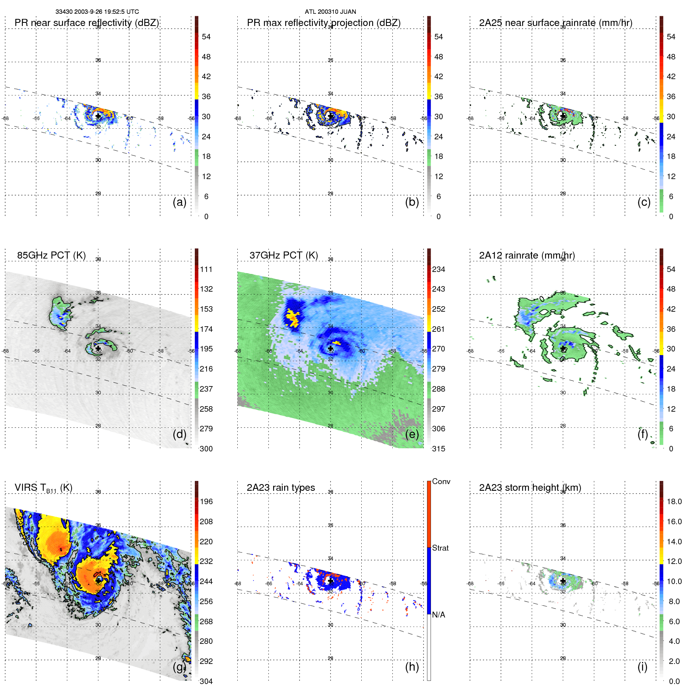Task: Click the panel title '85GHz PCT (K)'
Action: click(x=51, y=255)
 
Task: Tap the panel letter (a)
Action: click(x=179, y=202)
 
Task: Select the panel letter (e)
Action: click(x=412, y=434)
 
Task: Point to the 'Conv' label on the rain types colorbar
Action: click(x=441, y=481)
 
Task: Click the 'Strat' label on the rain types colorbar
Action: click(x=440, y=548)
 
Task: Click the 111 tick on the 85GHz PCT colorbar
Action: click(x=206, y=269)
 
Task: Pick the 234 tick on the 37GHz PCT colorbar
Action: click(x=438, y=269)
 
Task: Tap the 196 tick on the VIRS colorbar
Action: click(x=206, y=501)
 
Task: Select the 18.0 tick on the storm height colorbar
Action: click(x=674, y=501)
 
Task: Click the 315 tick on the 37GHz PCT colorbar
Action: click(x=438, y=449)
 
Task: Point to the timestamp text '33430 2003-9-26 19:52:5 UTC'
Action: click(x=97, y=12)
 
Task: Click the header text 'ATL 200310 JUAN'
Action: click(x=330, y=12)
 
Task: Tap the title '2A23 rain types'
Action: click(x=281, y=488)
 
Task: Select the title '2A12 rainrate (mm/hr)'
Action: click(x=527, y=255)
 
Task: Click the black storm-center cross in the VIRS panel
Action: click(x=98, y=580)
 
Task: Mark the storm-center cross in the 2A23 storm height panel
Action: click(x=563, y=581)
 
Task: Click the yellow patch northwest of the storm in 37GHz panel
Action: click(x=292, y=318)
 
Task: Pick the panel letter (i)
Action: click(x=642, y=667)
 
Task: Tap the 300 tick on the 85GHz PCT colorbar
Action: click(x=206, y=449)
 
